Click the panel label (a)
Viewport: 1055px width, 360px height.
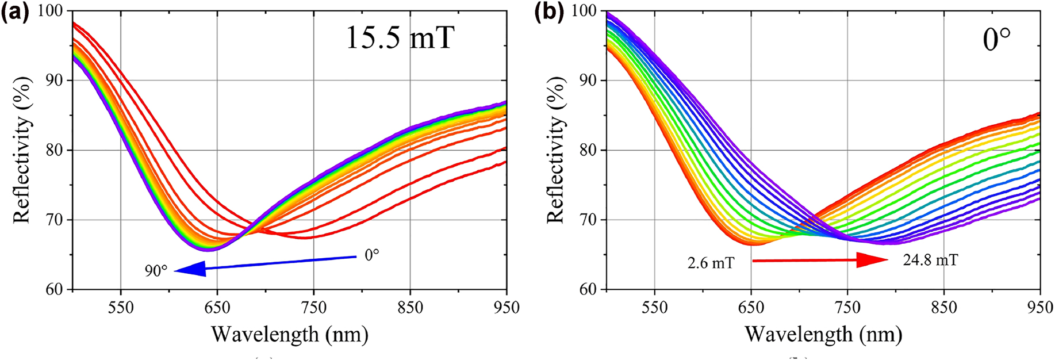[x=14, y=13]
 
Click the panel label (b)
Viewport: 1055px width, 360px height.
[x=548, y=13]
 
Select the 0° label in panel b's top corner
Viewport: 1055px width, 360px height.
[x=996, y=40]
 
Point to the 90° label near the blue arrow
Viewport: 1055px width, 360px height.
[x=156, y=270]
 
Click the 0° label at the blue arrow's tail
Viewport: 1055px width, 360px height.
[x=372, y=255]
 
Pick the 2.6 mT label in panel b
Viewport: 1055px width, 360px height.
[x=711, y=263]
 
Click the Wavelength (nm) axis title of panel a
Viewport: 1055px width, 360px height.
[x=289, y=334]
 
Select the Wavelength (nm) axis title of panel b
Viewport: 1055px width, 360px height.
[x=823, y=334]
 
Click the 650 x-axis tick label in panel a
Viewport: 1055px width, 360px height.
[x=217, y=308]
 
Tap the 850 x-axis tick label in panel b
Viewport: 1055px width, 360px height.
[x=943, y=308]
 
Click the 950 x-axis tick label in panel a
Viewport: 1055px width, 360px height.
[x=506, y=308]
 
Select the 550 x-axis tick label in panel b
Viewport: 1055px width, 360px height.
[x=654, y=308]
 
